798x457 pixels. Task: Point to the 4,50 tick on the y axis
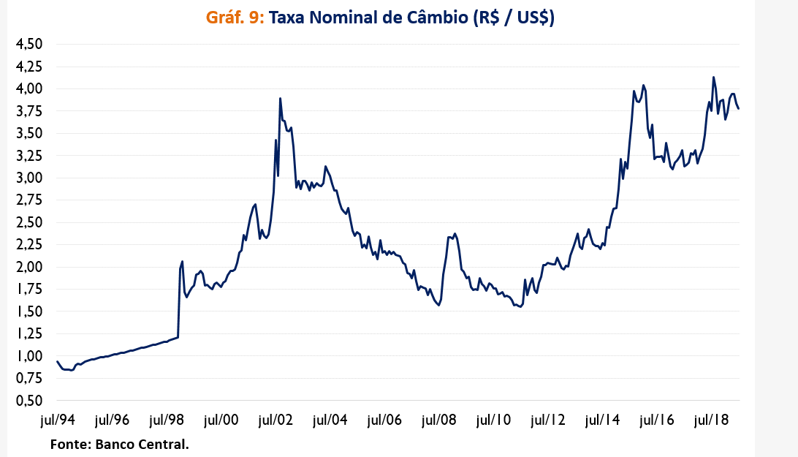click(30, 44)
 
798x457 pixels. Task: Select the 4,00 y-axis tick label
click(30, 88)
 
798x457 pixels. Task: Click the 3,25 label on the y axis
click(30, 156)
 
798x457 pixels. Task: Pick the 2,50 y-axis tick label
click(30, 222)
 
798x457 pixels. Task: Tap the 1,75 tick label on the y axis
click(30, 290)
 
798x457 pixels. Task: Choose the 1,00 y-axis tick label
click(30, 356)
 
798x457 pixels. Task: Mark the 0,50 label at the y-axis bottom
click(30, 401)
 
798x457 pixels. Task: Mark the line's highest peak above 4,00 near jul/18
click(713, 77)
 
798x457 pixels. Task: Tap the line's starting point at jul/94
click(57, 361)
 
